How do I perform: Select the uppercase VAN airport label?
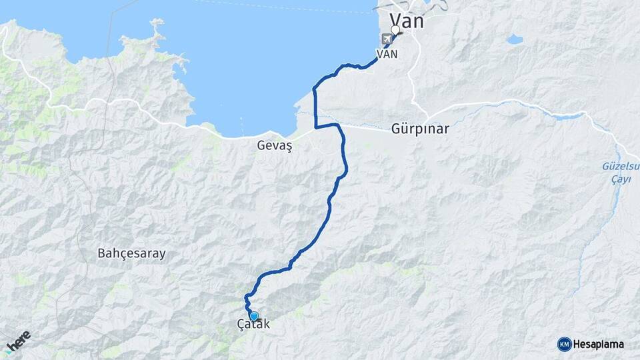(x=387, y=54)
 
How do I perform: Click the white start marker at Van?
(x=395, y=30)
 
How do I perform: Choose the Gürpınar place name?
(x=421, y=129)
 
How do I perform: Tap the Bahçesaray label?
(x=131, y=253)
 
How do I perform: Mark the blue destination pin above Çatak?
(x=253, y=316)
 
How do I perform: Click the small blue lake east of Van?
(x=514, y=40)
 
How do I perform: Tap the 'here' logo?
(x=18, y=341)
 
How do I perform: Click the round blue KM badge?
(x=564, y=344)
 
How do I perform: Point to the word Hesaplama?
(x=598, y=344)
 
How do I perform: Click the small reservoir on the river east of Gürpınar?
(x=567, y=117)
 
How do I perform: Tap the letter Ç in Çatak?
(x=241, y=325)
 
